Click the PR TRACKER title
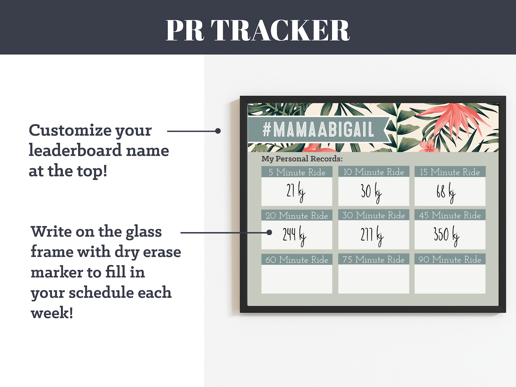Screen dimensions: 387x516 258,30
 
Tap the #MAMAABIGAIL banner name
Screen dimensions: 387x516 318,130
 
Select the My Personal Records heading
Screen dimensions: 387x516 302,159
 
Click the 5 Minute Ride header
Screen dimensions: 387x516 297,172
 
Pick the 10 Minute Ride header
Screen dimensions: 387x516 373,172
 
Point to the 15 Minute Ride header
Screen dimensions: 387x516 450,172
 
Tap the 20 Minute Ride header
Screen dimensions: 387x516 297,215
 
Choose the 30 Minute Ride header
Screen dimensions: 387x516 373,215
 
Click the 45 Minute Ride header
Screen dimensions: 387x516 450,215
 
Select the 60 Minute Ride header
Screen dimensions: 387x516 297,259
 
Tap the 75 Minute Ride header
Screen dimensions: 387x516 373,259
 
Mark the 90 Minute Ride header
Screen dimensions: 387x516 450,259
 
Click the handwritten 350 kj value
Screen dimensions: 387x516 446,235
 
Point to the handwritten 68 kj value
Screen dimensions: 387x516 446,192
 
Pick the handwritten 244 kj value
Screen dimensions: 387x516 294,235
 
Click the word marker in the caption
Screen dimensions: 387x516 56,272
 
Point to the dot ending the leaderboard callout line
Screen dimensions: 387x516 218,131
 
